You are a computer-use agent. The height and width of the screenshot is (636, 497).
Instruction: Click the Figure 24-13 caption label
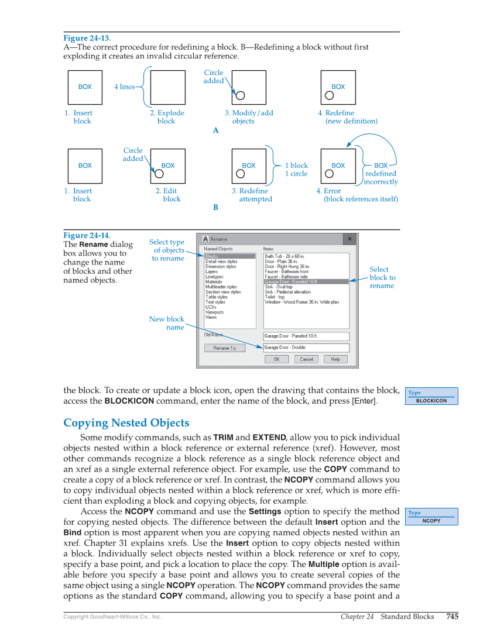(x=87, y=39)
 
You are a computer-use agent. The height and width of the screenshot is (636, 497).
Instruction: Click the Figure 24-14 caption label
(x=87, y=236)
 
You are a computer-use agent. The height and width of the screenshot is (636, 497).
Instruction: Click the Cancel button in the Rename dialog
(x=306, y=359)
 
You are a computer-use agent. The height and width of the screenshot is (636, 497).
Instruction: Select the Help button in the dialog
(x=335, y=359)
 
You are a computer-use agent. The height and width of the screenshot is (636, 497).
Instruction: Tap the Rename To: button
(x=224, y=348)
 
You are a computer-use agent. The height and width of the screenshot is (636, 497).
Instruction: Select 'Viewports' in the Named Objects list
(x=214, y=312)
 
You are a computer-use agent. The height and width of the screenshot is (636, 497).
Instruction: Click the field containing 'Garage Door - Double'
(x=306, y=348)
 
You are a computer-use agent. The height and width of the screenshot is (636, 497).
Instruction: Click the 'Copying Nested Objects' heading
(x=126, y=423)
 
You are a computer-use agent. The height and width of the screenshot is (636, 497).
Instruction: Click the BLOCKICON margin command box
(x=432, y=397)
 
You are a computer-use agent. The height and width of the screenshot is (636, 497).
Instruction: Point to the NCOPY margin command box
(x=432, y=517)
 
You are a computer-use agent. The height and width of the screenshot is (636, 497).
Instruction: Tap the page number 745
(x=452, y=616)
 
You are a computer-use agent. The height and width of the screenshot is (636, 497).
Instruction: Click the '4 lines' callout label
(x=124, y=87)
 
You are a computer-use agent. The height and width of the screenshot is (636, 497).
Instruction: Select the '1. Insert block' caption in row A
(x=79, y=117)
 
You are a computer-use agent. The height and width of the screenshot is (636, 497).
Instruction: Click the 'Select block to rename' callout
(x=382, y=278)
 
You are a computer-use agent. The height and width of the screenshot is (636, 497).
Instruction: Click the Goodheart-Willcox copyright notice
(x=112, y=617)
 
